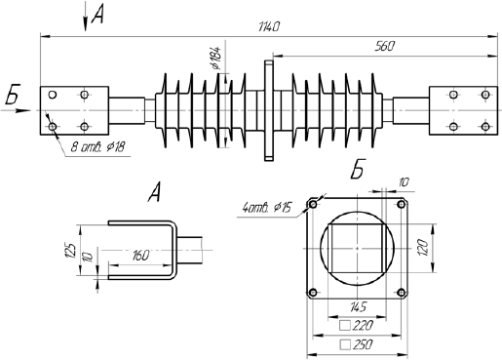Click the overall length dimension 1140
pos(269,27)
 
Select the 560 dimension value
pos(384,47)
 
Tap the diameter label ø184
pos(215,58)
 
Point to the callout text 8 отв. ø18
pos(97,147)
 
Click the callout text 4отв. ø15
pos(267,207)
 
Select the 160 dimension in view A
pos(140,256)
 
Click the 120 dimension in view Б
pos(423,247)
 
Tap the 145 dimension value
pos(358,306)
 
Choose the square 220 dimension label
pos(356,325)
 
